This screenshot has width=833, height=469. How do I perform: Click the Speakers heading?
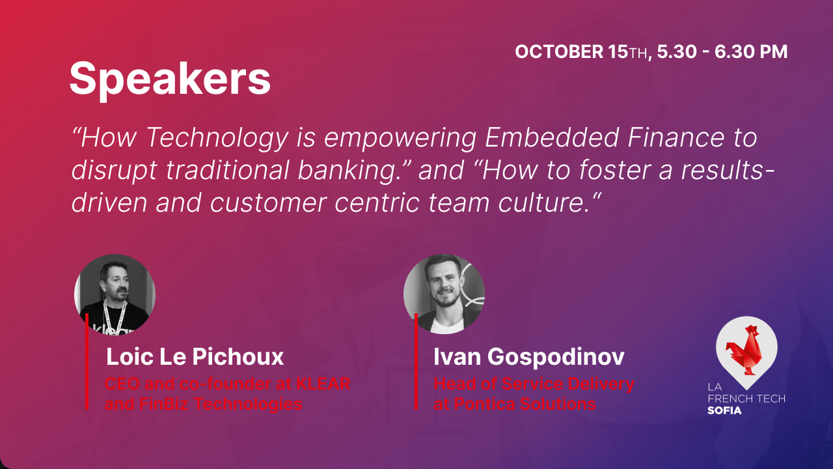[170, 79]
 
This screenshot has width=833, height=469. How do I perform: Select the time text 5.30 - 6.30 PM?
[722, 52]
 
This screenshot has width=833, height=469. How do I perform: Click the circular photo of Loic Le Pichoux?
[115, 294]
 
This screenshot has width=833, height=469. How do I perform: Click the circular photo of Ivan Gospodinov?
[444, 294]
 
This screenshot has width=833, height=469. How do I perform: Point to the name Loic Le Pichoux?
[195, 357]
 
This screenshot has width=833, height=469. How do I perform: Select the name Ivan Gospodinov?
[529, 357]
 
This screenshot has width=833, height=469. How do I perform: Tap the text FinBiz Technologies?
[203, 404]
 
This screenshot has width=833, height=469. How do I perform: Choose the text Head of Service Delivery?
[534, 384]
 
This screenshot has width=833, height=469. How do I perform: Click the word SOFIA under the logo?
[724, 410]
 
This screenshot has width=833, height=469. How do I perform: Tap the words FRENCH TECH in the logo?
[746, 398]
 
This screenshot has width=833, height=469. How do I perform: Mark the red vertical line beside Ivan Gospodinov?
[416, 362]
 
